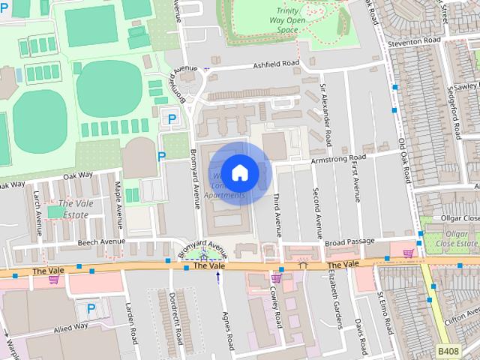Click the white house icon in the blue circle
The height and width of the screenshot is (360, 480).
[240, 172]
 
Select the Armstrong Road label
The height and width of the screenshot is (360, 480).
[338, 157]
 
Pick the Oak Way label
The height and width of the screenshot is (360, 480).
[77, 175]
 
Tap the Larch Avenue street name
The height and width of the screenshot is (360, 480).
[37, 208]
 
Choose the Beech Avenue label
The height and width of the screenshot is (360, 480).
[101, 242]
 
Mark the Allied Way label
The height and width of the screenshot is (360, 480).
[70, 326]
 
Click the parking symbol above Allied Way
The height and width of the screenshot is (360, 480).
[91, 307]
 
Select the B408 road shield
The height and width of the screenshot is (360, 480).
[448, 350]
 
